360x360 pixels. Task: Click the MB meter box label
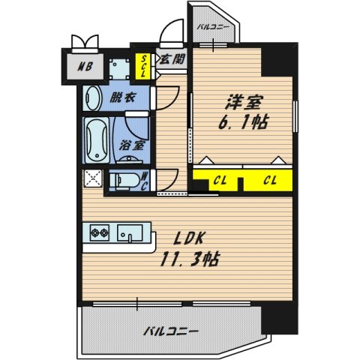click(85, 67)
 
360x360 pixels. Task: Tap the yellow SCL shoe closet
click(143, 66)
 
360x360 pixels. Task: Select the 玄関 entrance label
click(172, 59)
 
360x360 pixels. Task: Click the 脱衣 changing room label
click(123, 97)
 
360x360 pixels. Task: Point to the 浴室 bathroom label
click(131, 145)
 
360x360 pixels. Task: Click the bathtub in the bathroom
click(97, 140)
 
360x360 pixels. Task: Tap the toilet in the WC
click(125, 179)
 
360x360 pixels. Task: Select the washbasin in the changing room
click(93, 98)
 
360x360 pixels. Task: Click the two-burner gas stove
click(100, 232)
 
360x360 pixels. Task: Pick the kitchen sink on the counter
click(130, 233)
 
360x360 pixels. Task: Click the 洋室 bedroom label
click(244, 103)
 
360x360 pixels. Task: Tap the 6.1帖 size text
click(243, 122)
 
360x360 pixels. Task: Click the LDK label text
click(189, 238)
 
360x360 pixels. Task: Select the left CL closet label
click(220, 180)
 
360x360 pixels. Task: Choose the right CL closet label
click(270, 180)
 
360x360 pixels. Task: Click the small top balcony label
click(212, 27)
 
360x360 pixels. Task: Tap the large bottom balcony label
click(171, 331)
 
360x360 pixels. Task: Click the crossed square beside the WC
click(93, 178)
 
